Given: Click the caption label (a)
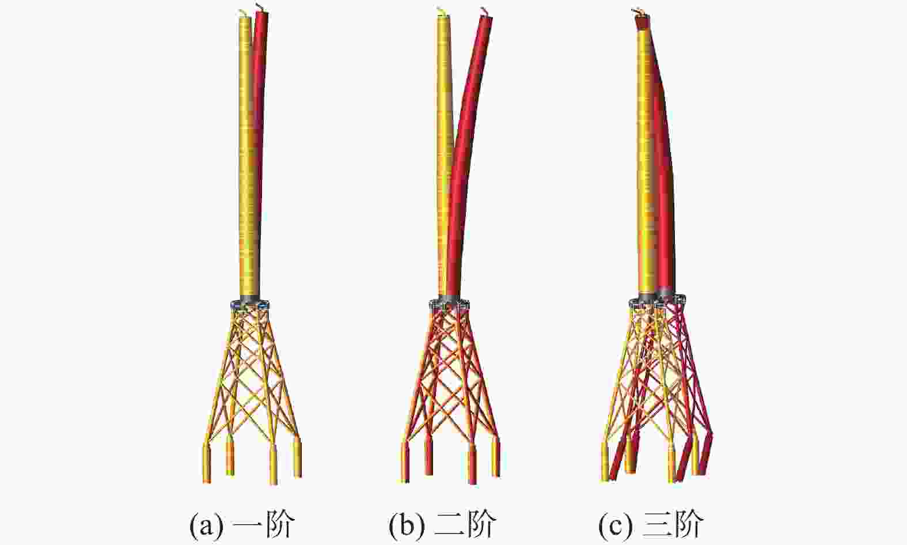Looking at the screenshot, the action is point(206,525).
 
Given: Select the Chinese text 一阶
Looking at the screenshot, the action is point(263,525).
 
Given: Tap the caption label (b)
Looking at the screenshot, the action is point(407,525).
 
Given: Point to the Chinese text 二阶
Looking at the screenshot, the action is point(465,525).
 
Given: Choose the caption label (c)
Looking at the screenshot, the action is point(616,525).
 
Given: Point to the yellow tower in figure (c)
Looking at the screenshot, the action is point(646,162).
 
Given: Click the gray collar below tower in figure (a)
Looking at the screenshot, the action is point(249,302).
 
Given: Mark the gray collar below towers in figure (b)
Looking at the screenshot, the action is point(449,302).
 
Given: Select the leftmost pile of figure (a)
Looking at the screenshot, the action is point(207,462).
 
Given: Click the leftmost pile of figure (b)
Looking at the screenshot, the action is point(405,462).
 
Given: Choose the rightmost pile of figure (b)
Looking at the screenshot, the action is point(496,457).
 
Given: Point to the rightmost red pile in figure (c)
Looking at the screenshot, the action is point(705,455).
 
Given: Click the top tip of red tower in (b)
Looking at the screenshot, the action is point(486,16).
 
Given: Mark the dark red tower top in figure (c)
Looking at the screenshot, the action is point(643,22).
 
